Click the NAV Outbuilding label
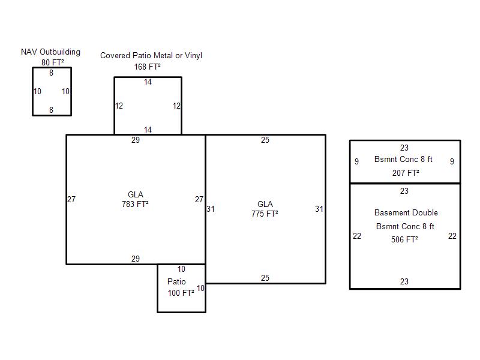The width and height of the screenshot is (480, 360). (x=50, y=52)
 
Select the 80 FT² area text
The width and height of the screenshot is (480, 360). (x=53, y=62)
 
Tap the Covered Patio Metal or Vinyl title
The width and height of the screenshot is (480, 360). (x=151, y=55)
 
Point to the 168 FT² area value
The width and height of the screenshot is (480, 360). (x=147, y=67)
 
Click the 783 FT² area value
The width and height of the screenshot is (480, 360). (x=135, y=204)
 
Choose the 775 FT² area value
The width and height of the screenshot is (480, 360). (x=265, y=214)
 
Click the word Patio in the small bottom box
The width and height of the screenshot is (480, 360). (x=176, y=281)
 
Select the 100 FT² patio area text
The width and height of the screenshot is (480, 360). (x=181, y=293)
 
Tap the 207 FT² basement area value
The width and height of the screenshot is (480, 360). (x=406, y=173)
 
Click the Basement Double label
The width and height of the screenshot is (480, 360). (x=406, y=212)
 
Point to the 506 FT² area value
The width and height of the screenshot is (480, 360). (x=404, y=239)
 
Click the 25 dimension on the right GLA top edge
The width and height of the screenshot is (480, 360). (x=265, y=140)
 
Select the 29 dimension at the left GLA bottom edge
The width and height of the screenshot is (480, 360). (x=136, y=259)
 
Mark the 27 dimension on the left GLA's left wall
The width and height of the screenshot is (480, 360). (x=71, y=199)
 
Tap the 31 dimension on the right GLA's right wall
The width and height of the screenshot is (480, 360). (x=319, y=209)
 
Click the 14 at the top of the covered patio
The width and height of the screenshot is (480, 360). (x=148, y=82)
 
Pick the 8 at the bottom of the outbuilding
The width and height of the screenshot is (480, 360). (x=51, y=110)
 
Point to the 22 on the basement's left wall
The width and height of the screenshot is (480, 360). (x=357, y=236)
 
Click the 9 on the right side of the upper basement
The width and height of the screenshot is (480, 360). (x=452, y=161)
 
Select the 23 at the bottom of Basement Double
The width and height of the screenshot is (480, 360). (x=404, y=281)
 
